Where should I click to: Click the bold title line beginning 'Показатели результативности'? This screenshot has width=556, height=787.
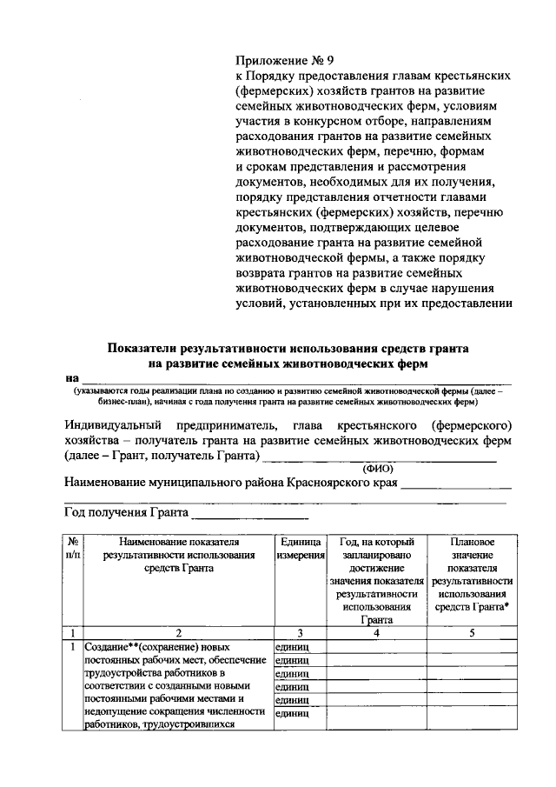click(x=288, y=348)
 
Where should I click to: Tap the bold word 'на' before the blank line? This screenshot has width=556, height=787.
click(x=71, y=377)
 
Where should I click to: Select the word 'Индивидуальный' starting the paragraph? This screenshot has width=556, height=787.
click(x=113, y=425)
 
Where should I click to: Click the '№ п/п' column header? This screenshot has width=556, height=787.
click(x=73, y=547)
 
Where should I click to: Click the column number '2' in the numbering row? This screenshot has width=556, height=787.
click(x=177, y=632)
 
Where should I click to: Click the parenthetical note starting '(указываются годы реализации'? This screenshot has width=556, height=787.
click(x=288, y=397)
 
